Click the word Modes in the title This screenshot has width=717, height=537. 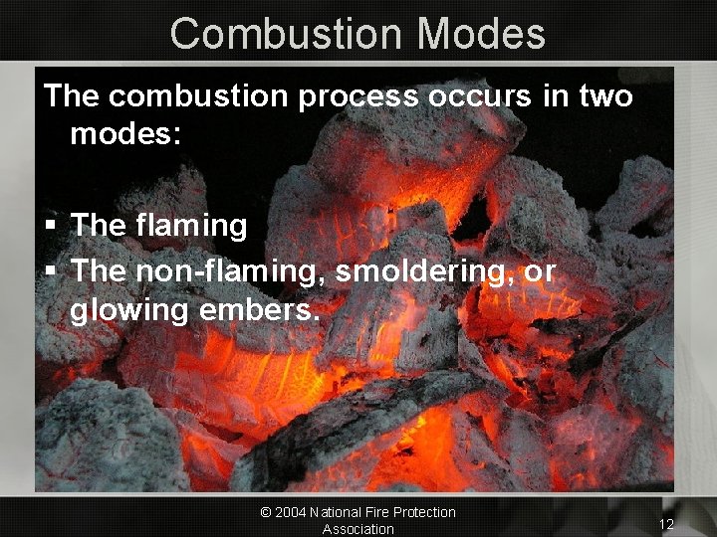[x=482, y=34]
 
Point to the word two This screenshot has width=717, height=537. [x=600, y=96]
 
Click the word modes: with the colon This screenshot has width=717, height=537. [x=125, y=134]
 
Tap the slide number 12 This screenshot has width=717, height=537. [x=666, y=524]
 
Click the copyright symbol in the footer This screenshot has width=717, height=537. [x=266, y=512]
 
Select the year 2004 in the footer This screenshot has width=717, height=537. [x=292, y=512]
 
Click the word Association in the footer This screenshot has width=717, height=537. [x=358, y=529]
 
